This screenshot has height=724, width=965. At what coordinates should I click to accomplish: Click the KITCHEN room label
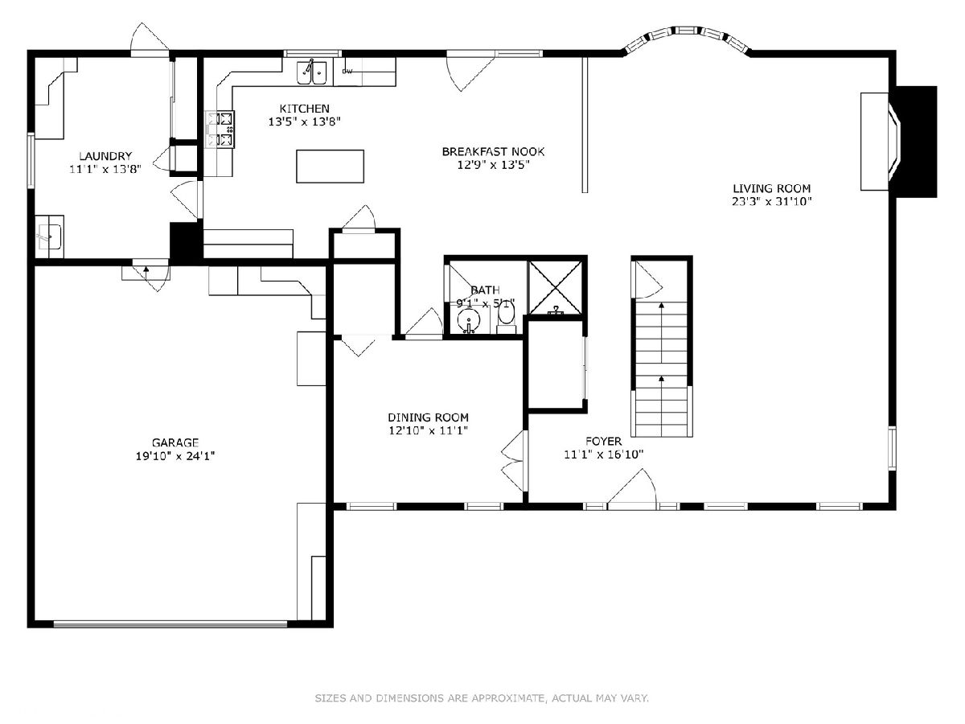(304, 109)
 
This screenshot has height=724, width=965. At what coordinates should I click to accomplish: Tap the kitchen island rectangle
(330, 167)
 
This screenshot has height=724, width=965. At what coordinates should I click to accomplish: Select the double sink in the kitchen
(312, 72)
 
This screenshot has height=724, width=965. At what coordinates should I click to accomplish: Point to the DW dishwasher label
(347, 72)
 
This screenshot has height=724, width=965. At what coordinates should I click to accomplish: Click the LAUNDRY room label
(105, 156)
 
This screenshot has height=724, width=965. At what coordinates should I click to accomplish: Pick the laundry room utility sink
(50, 237)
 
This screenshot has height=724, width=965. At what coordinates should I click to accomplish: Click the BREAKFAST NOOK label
(493, 152)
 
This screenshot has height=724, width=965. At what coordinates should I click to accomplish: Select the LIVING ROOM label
(771, 188)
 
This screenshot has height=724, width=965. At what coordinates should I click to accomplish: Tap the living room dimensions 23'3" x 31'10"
(771, 202)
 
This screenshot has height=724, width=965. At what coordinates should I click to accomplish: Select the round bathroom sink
(469, 320)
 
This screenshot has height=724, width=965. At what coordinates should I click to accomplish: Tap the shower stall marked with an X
(556, 287)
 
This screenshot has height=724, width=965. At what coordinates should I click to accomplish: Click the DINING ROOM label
(428, 418)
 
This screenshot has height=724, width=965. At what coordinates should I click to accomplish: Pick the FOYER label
(603, 441)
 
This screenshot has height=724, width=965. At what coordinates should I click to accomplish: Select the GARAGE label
(175, 442)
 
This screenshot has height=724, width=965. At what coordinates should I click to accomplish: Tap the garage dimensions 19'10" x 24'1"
(175, 456)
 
